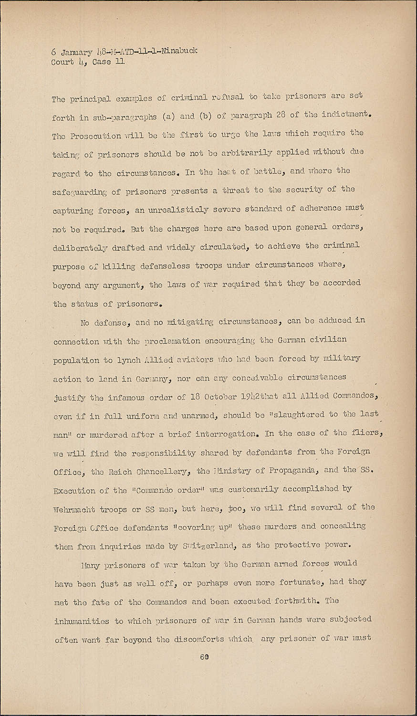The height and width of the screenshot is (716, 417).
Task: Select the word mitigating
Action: [x=186, y=323]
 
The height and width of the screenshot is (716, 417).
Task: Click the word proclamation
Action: [x=176, y=342]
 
